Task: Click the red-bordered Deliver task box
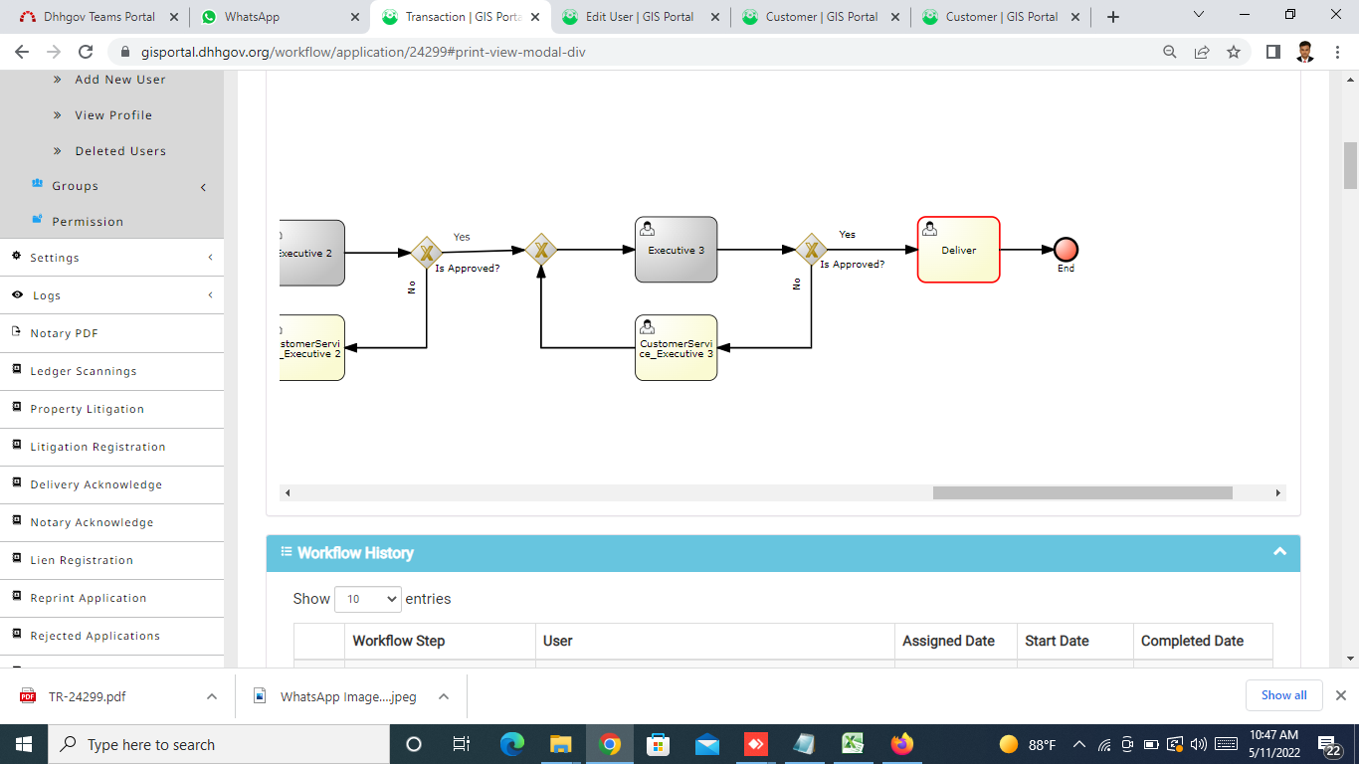[x=959, y=250]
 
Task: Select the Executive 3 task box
[x=676, y=250]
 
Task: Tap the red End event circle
[x=1066, y=250]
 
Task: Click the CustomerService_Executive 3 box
[x=676, y=348]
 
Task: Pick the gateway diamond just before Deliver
[x=811, y=250]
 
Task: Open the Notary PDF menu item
[x=64, y=333]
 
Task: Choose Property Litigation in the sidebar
[x=88, y=409]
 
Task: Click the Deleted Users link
[x=120, y=151]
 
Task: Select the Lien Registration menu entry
[x=82, y=560]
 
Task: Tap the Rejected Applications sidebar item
[x=95, y=636]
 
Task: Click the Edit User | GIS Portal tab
[x=640, y=17]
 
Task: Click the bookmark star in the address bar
[x=1234, y=52]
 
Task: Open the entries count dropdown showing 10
[x=368, y=599]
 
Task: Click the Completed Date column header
[x=1192, y=641]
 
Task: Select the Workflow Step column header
[x=399, y=641]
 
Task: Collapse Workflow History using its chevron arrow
[x=1279, y=552]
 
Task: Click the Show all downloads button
[x=1283, y=695]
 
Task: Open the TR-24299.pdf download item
[x=87, y=696]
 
